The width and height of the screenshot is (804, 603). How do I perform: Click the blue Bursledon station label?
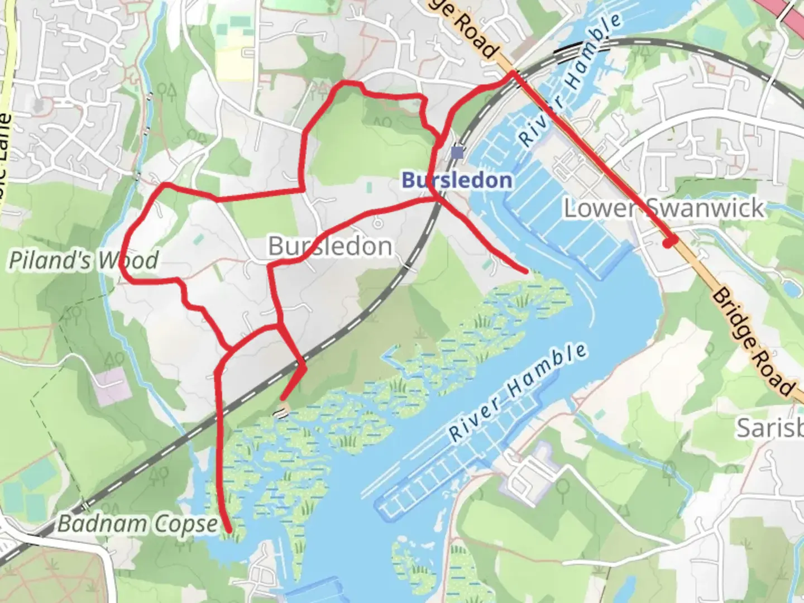[x=457, y=180]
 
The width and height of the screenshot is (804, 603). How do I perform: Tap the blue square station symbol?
[x=458, y=151]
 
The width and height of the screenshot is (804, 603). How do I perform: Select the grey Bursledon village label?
[x=330, y=246]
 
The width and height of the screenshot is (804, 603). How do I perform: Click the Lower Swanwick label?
[x=663, y=208]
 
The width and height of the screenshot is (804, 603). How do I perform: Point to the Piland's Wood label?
[x=84, y=260]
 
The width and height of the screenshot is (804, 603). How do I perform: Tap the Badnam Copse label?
[x=137, y=524]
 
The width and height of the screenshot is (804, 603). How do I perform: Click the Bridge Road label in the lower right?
[x=754, y=342]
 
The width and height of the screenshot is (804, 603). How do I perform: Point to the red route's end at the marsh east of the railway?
[x=525, y=271]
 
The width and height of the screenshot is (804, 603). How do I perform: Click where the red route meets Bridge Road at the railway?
[x=513, y=73]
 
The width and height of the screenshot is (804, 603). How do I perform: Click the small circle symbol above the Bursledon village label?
[x=378, y=223]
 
